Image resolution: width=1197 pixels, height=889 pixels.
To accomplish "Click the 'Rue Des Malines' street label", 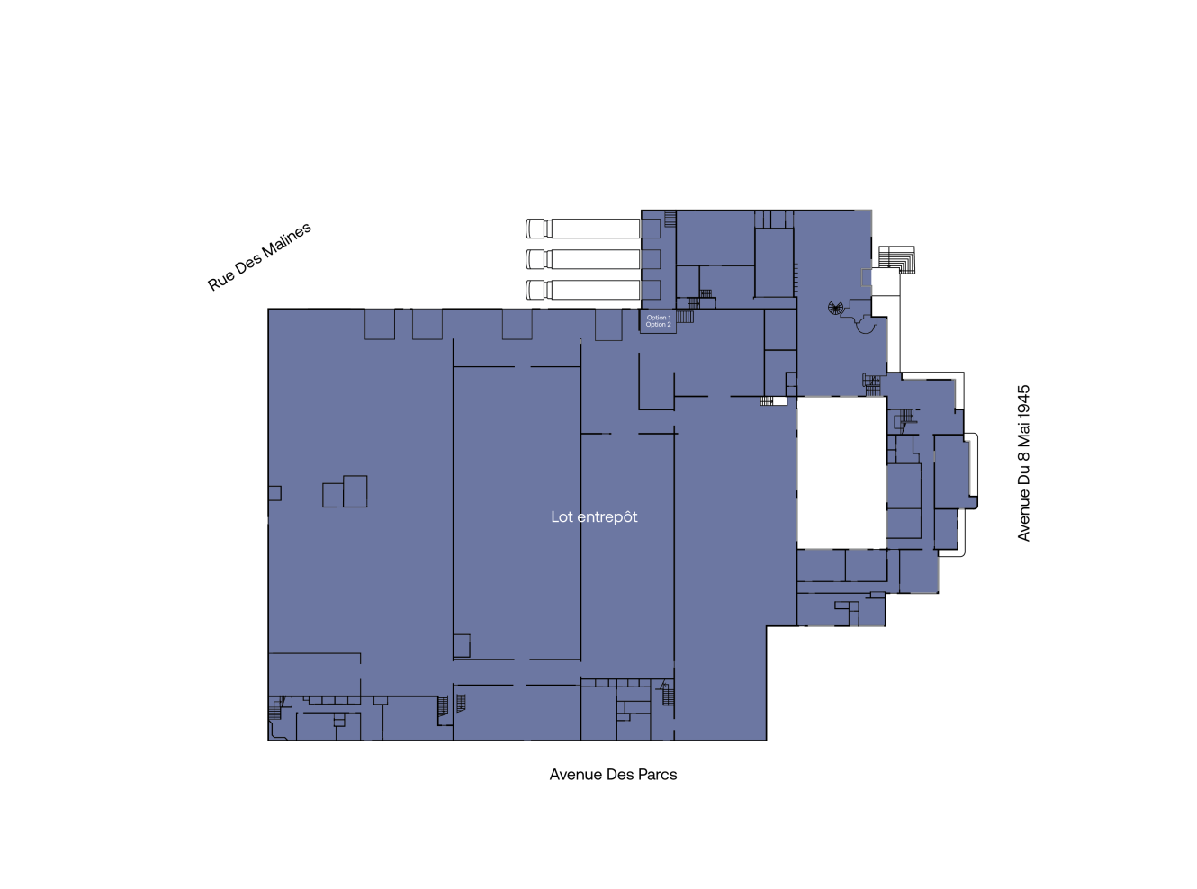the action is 259,256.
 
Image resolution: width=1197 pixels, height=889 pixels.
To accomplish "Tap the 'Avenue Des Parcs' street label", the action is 613,775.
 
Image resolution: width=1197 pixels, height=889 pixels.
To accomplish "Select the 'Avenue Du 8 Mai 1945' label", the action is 1023,462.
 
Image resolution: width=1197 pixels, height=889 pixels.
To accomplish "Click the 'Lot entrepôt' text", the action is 594,516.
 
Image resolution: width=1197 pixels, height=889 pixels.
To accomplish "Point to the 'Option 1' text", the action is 659,318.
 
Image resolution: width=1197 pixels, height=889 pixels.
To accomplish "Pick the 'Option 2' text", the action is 659,325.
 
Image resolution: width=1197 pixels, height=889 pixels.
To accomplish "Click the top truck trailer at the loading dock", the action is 582,229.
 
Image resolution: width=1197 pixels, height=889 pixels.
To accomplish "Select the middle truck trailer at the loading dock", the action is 582,259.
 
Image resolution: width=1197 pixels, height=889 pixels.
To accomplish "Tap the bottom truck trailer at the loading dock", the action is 582,290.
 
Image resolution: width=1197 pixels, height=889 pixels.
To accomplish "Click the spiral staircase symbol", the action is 835,309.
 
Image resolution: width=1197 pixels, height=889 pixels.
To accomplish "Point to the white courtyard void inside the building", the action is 841,472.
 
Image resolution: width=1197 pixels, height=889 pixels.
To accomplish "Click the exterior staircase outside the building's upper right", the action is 896,259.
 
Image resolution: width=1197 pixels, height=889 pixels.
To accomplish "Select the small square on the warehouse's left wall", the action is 274,493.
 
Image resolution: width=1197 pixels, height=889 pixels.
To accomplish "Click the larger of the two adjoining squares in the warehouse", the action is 355,491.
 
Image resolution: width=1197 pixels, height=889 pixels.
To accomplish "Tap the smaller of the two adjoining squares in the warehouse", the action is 333,495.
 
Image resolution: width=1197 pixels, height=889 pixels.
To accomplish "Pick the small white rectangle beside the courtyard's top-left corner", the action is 779,401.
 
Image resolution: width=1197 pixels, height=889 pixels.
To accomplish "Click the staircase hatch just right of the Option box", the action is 685,317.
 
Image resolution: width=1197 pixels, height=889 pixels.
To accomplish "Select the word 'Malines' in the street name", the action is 286,242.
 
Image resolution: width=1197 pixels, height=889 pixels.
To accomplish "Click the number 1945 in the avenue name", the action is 1023,400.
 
